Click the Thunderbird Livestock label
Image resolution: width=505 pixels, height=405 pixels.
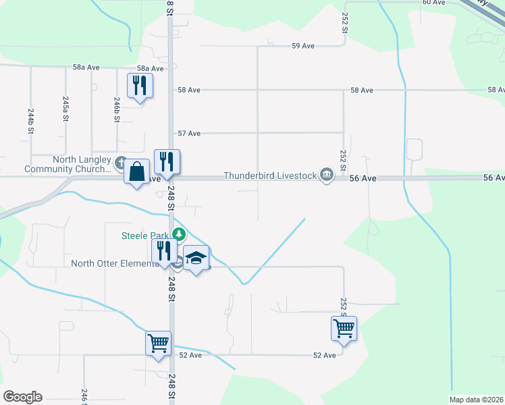[270, 176]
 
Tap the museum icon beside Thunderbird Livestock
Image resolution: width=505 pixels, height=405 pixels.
[327, 175]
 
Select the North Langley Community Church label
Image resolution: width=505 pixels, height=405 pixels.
[67, 164]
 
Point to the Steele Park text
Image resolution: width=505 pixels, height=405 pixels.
[145, 235]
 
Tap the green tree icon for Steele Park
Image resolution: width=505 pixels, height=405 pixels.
[178, 235]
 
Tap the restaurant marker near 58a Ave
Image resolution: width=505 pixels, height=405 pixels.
[140, 86]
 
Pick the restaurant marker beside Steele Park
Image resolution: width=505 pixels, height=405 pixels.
[165, 252]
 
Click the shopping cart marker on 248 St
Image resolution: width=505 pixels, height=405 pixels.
[158, 344]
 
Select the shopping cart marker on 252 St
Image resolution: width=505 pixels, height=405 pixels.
[344, 329]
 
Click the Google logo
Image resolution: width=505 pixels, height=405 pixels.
[22, 397]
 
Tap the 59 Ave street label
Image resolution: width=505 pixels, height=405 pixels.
[304, 46]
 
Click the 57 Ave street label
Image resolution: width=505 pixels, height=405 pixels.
[189, 134]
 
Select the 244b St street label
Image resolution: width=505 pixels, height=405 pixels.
[31, 122]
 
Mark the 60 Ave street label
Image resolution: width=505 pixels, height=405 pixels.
[433, 3]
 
